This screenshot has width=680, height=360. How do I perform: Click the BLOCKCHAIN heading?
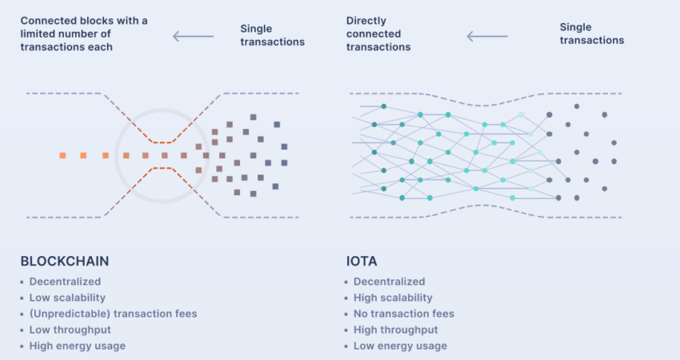click(65, 261)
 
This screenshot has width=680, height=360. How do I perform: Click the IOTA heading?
click(362, 261)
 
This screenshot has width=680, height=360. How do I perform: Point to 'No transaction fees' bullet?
click(403, 314)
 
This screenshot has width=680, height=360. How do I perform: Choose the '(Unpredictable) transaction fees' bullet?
click(113, 314)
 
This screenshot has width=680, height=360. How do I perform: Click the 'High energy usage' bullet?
click(77, 346)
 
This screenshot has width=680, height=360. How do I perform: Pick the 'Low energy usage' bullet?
click(400, 346)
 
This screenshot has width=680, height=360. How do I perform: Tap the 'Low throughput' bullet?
click(70, 330)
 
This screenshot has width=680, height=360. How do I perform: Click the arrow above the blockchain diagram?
click(194, 36)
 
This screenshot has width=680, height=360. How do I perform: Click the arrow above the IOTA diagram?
click(486, 36)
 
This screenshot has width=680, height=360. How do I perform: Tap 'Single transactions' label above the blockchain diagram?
click(272, 35)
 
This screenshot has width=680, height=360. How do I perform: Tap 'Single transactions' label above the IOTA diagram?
click(591, 34)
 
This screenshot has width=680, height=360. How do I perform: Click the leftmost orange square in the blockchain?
click(62, 155)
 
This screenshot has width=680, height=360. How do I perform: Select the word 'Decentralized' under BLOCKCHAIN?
click(65, 282)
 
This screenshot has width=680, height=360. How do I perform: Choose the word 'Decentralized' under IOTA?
click(389, 282)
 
